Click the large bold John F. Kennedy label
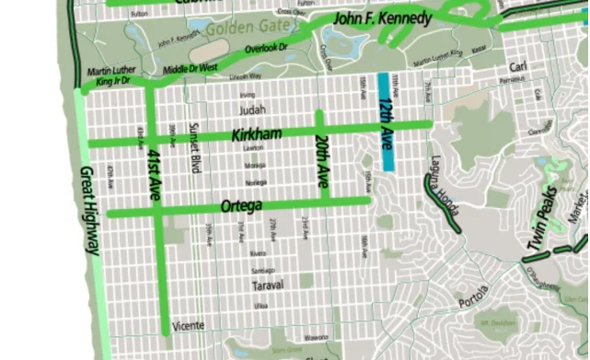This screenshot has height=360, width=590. [x=381, y=17]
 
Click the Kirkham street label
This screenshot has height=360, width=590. [x=256, y=134]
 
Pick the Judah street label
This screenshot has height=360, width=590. [x=251, y=109]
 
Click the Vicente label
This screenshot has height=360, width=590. [x=189, y=326]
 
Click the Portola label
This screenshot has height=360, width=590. [x=476, y=303]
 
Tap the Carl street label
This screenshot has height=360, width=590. [x=518, y=68]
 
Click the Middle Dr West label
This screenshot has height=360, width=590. [x=191, y=67]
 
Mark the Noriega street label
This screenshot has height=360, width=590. [x=256, y=181]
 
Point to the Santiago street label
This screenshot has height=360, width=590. [x=262, y=270]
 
